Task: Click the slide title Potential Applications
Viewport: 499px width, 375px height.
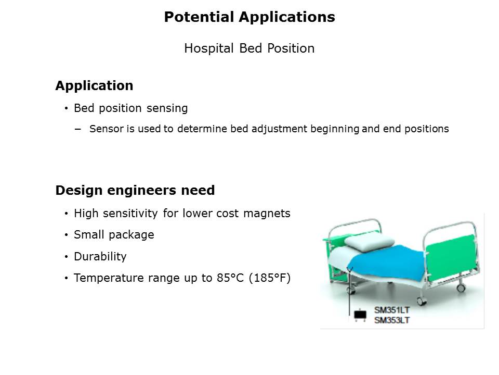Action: tap(249, 17)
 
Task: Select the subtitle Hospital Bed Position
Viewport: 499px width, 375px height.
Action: tap(249, 48)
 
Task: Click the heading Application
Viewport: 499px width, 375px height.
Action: tap(94, 86)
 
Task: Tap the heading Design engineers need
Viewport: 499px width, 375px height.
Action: tap(135, 191)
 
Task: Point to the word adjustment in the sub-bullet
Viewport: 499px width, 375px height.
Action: tap(280, 129)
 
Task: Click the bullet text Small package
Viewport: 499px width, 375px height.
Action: tap(114, 235)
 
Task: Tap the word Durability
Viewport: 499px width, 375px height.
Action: tap(100, 256)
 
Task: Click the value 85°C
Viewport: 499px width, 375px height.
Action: tap(230, 278)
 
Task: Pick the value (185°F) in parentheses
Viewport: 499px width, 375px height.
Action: tap(270, 278)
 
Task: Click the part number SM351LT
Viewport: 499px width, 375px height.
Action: tap(392, 310)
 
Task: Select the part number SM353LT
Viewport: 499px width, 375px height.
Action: tap(392, 320)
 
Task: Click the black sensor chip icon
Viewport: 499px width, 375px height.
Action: tap(360, 315)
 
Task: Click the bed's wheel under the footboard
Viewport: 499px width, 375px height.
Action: tap(461, 288)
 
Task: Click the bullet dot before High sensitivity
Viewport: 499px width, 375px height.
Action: tap(66, 214)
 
